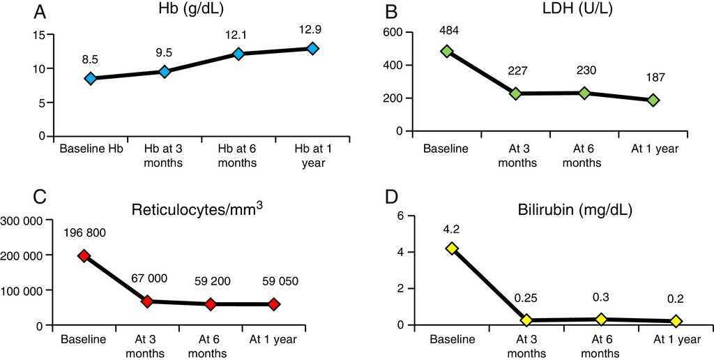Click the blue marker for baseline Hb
click(90, 78)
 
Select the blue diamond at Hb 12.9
click(313, 48)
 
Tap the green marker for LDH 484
click(446, 51)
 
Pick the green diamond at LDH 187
click(653, 100)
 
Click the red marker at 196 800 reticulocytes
click(84, 255)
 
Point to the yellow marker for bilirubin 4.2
click(452, 248)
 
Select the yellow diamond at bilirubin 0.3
click(601, 319)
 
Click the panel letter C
click(40, 197)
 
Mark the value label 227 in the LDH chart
click(516, 73)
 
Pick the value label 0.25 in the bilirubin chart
click(526, 299)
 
